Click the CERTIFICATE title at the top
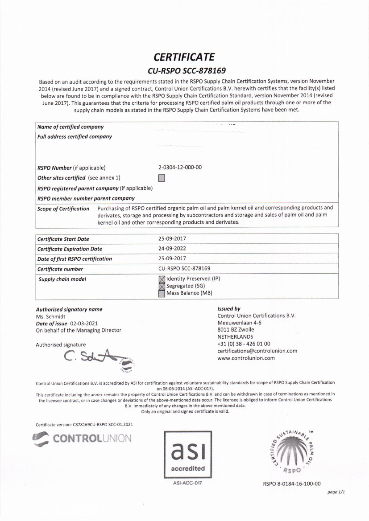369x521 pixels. click(184, 57)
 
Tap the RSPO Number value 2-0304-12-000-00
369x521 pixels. click(180, 168)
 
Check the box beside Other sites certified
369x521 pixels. click(162, 178)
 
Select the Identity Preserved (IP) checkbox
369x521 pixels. click(162, 279)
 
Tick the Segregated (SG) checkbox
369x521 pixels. click(162, 286)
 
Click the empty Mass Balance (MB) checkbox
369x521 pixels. click(162, 293)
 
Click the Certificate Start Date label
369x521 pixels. click(63, 239)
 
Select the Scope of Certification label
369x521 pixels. click(63, 209)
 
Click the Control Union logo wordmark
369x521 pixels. click(83, 438)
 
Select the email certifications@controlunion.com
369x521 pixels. click(257, 351)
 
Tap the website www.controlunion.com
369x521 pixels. click(246, 358)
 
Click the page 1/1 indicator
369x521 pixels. click(336, 492)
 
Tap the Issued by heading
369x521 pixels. click(228, 308)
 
